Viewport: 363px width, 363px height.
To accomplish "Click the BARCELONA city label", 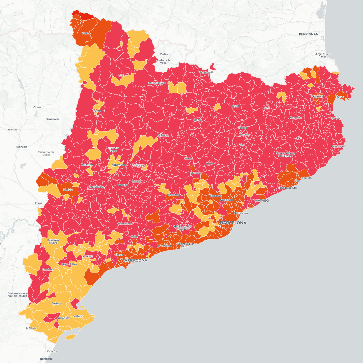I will tap(233, 223).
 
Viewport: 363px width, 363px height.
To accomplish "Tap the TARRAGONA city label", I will tap(135, 260).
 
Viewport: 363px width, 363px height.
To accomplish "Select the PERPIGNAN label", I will tap(308, 34).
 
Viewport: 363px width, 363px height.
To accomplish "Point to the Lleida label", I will tap(68, 189).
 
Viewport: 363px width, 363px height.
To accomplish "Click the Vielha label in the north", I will tap(86, 33).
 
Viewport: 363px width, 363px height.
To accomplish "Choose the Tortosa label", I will tap(57, 303).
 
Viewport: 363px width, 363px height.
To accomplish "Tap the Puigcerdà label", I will tap(207, 72).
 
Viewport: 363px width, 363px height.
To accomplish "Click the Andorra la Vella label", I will tap(163, 61).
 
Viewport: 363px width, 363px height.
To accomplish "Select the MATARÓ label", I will tap(261, 200).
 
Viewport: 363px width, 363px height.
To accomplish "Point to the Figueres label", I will tap(317, 96).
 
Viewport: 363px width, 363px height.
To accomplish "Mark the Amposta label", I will tap(63, 318).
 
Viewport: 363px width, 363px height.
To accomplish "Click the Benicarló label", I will tap(46, 359).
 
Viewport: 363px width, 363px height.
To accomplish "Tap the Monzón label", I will tap(22, 147).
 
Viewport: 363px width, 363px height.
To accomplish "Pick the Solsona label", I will tap(163, 135).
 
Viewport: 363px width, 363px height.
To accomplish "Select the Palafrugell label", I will tap(338, 146).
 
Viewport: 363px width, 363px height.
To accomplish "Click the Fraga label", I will tap(38, 203).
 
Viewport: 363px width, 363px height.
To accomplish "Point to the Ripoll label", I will tap(235, 106).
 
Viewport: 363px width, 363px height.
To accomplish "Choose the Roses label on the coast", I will tap(340, 97).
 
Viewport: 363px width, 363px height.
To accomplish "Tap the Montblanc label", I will tap(125, 224).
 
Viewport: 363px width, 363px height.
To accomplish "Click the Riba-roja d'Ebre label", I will tap(53, 241).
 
